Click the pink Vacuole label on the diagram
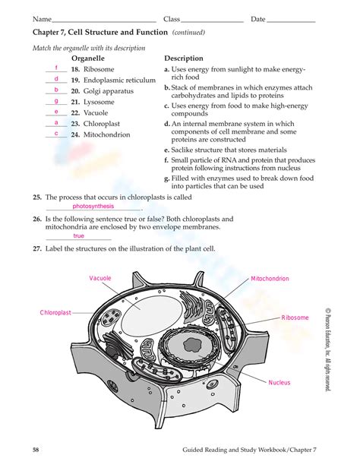tap(100, 279)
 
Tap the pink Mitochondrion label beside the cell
tap(270, 279)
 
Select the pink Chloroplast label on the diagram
tap(55, 312)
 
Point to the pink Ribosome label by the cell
tap(295, 318)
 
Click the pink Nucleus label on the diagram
tap(279, 382)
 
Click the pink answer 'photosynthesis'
tap(93, 206)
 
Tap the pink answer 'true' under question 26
tap(79, 235)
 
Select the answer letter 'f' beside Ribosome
tap(57, 68)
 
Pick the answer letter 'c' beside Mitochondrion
tap(56, 133)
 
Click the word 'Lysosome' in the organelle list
tap(99, 102)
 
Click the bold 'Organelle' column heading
tap(87, 58)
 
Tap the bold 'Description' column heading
tap(184, 58)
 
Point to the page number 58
tap(36, 450)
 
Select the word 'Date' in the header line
tap(258, 19)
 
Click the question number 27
tap(36, 248)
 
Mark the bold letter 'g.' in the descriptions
tap(166, 178)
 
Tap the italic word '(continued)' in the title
tap(188, 33)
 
